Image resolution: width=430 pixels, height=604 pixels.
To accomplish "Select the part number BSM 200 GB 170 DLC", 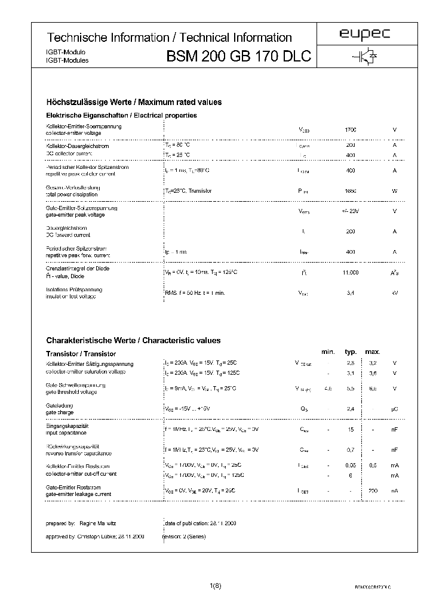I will tap(238, 57).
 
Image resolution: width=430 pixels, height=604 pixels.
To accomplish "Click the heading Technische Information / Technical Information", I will tap(169, 38).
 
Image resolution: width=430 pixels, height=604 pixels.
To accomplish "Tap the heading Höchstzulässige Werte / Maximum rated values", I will tap(134, 102).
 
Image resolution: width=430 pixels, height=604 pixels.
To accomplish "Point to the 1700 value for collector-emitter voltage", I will tap(351, 130).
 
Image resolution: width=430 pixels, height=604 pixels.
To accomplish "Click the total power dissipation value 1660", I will tap(351, 191).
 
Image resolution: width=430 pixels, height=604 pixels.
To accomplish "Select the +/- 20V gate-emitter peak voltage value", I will tap(351, 211).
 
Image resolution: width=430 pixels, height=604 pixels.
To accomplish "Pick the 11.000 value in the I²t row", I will tap(351, 272).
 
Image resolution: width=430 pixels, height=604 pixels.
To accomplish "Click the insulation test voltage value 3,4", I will tap(351, 293).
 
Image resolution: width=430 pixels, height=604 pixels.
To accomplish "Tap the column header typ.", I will tap(351, 352).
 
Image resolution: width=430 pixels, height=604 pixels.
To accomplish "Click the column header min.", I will tap(328, 352).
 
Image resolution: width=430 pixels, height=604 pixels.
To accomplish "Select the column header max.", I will tap(373, 352).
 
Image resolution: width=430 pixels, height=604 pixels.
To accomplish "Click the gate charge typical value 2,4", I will tap(351, 408).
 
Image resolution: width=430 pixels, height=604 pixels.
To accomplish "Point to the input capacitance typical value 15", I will tap(351, 429).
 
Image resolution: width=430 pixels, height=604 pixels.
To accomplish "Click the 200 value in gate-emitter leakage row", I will tap(373, 490).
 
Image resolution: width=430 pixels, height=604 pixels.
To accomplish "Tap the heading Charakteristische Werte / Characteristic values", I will tap(133, 340).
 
